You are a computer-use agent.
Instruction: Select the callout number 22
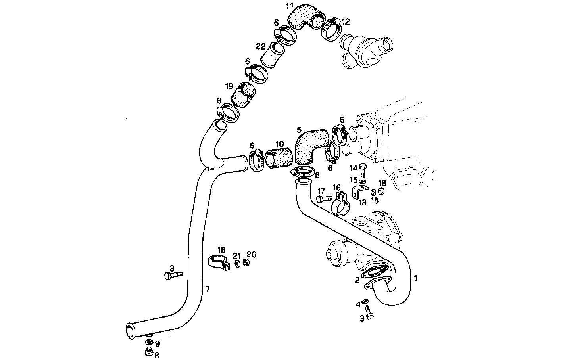(x=261, y=47)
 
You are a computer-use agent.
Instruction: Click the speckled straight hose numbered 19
(x=243, y=95)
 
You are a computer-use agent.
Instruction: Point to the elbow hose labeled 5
(x=310, y=145)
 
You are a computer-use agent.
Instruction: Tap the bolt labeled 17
(x=323, y=198)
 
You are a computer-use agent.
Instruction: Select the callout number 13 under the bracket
(x=362, y=203)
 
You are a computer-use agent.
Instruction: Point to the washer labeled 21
(x=237, y=264)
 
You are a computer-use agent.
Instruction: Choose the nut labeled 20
(x=246, y=262)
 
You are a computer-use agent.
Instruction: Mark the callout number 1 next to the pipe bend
(x=416, y=278)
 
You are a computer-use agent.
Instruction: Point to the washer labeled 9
(x=149, y=342)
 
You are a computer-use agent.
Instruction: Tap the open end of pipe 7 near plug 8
(x=130, y=330)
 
